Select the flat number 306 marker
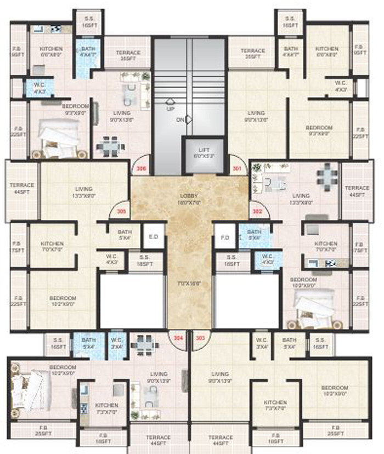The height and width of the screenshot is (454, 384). click(x=142, y=169)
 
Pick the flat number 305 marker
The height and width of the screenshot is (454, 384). click(x=121, y=211)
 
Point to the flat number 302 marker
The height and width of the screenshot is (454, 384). click(x=256, y=211)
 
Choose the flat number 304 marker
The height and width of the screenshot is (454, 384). click(x=177, y=338)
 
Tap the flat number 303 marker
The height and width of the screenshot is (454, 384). click(x=200, y=338)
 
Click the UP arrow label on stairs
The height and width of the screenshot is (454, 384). click(x=170, y=105)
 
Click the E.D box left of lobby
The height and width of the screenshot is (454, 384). click(x=153, y=237)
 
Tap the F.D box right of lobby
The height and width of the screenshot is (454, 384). click(x=224, y=237)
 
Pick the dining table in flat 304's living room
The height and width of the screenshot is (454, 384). click(x=144, y=343)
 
